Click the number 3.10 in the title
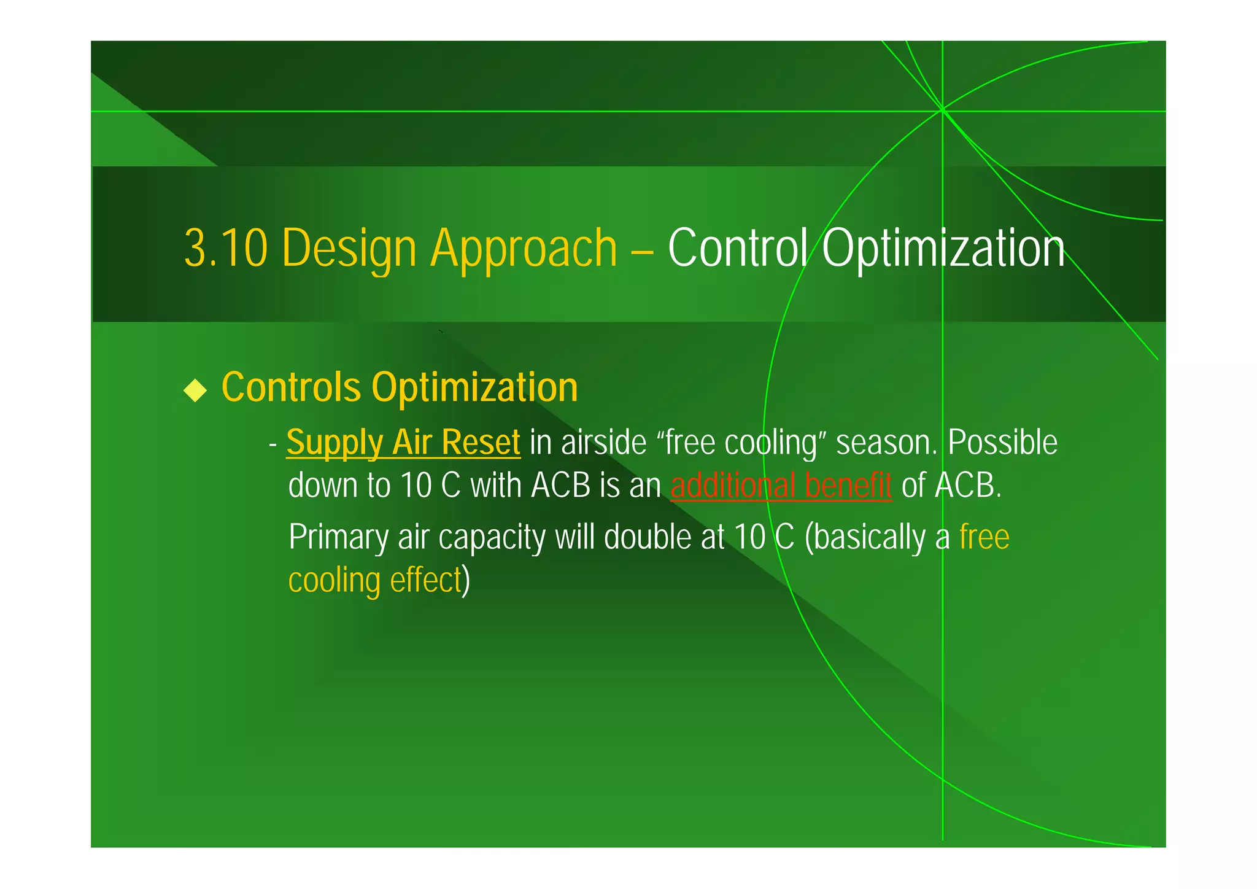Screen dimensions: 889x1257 [226, 248]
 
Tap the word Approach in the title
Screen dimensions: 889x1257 [524, 248]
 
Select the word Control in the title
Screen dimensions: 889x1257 [738, 248]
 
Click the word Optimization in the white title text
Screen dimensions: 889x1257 [943, 248]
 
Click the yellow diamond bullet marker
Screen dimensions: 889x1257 [195, 390]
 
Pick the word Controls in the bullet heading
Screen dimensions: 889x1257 [291, 387]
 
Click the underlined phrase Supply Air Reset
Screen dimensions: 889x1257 [403, 443]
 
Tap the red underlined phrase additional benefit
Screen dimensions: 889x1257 [781, 486]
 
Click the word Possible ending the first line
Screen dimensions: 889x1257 [1002, 443]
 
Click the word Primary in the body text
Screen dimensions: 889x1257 [338, 538]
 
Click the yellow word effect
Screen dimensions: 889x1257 [425, 580]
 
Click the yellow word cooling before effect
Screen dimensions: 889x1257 [334, 580]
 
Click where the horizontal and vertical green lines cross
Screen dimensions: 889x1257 [942, 111]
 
